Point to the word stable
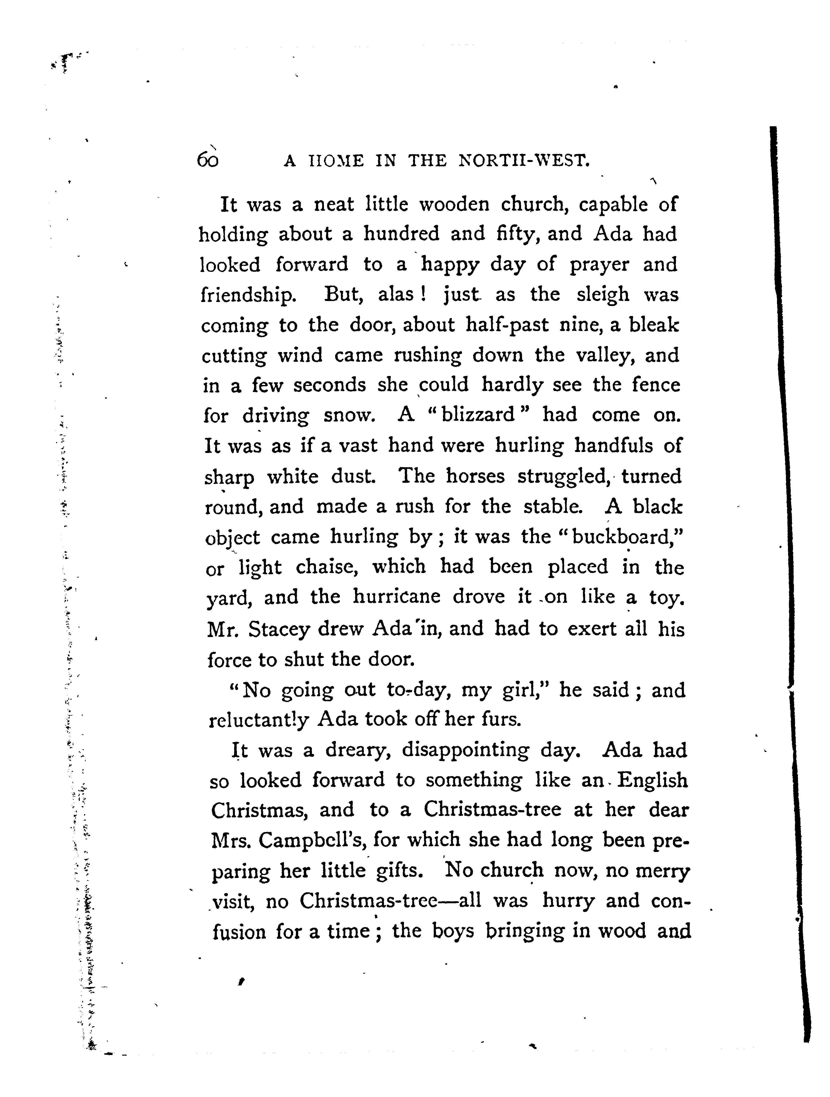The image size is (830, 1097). point(552,506)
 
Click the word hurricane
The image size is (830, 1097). point(396,596)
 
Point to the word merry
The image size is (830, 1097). point(663,871)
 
